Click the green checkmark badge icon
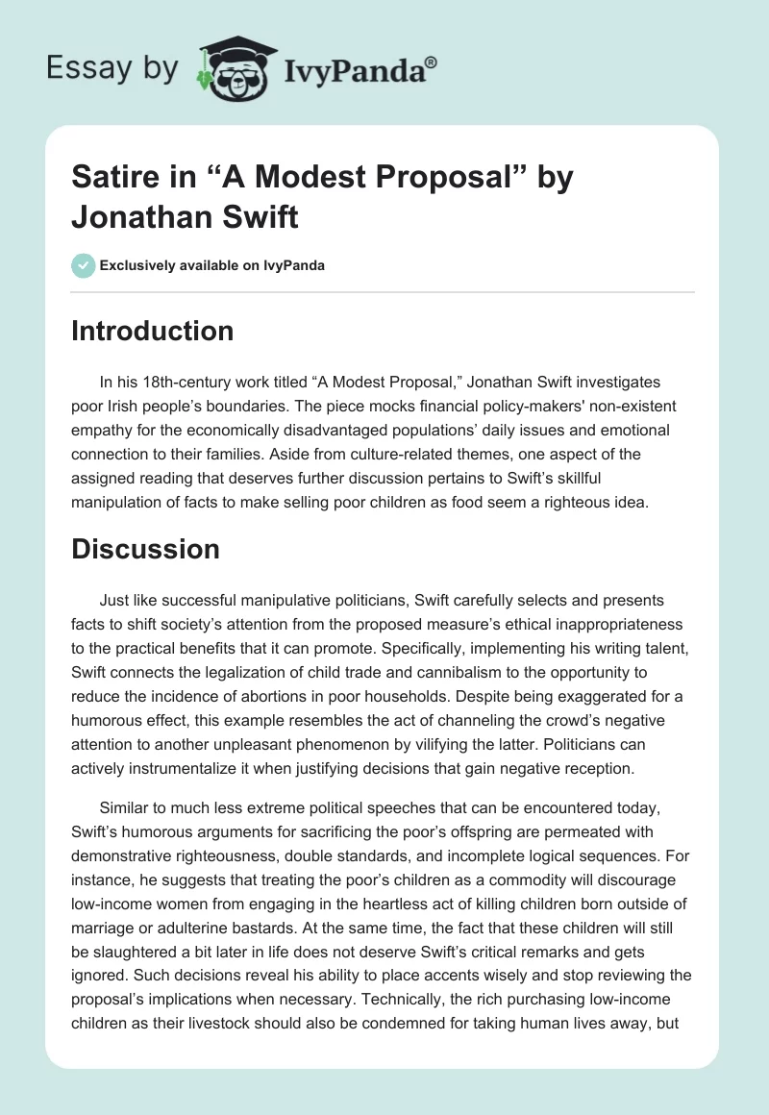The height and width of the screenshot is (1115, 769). coord(84,265)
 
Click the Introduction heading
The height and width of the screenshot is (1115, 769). coord(152,331)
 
